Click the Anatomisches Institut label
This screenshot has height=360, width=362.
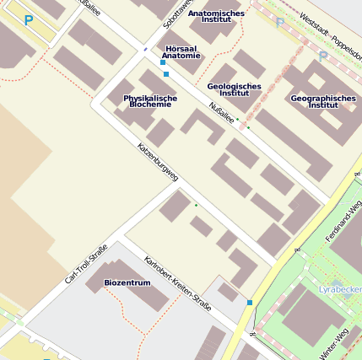(216, 16)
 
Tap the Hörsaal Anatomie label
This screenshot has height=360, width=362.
(181, 52)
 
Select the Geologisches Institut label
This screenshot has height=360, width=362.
(234, 89)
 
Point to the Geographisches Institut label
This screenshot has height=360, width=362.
(323, 101)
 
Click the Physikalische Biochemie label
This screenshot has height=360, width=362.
(150, 101)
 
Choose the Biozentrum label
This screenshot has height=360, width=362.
(127, 282)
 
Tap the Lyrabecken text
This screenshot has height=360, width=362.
(340, 290)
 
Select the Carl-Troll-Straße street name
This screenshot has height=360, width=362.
(86, 263)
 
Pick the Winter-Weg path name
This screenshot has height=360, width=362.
(336, 340)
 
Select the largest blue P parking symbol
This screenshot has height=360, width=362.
(30, 20)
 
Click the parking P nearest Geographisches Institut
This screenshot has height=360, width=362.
(322, 56)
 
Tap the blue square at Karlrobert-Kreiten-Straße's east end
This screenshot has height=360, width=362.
(250, 302)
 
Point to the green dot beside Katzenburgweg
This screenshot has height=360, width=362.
(196, 205)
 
